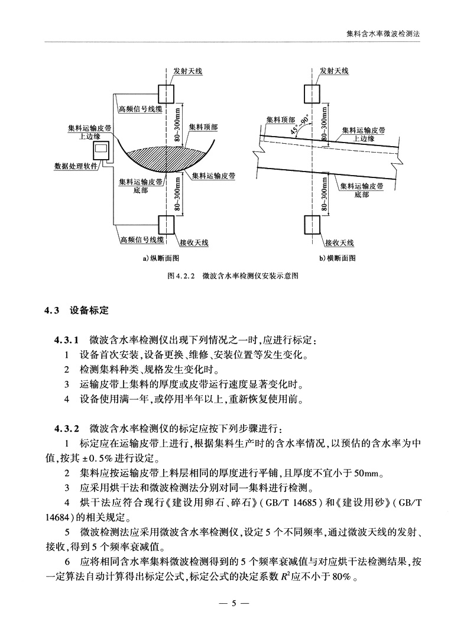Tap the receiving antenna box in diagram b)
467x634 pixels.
312,225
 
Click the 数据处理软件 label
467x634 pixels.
76,166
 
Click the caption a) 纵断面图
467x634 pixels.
160,258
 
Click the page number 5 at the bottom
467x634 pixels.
234,604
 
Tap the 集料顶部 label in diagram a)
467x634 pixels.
203,127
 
